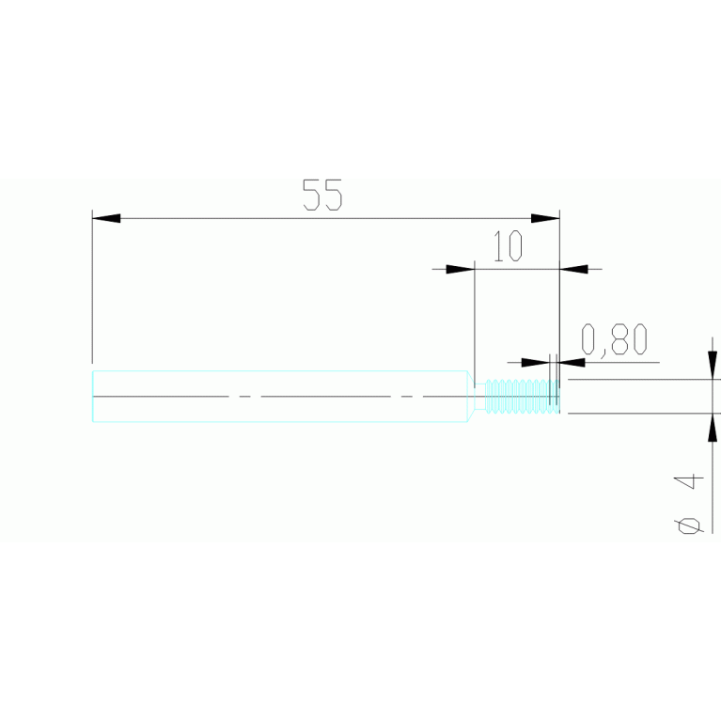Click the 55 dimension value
click(322, 195)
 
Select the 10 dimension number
click(509, 246)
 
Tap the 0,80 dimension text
click(615, 339)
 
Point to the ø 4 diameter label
click(689, 505)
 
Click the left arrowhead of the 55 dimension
click(106, 218)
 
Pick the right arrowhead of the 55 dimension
click(545, 218)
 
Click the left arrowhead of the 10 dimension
click(461, 269)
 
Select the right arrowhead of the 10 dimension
click(573, 269)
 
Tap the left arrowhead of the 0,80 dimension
click(536, 362)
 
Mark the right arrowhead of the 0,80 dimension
click(572, 362)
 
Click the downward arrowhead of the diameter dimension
click(713, 365)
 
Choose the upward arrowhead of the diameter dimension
click(713, 428)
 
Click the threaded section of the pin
click(523, 396)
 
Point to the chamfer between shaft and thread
click(471, 396)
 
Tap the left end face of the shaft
click(93, 396)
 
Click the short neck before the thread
click(480, 396)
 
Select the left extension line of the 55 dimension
click(92, 287)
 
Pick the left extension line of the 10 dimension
click(475, 324)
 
